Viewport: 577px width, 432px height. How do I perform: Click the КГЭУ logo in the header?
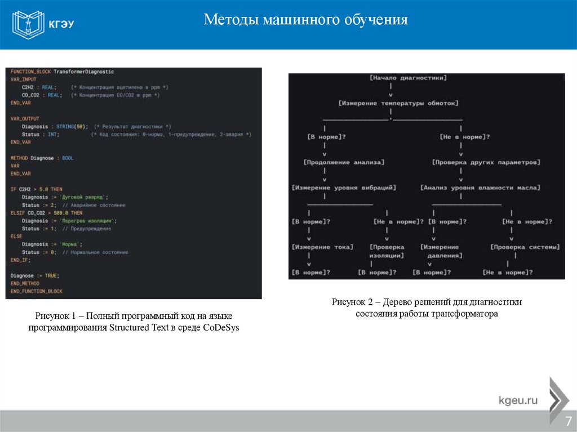[x=44, y=24]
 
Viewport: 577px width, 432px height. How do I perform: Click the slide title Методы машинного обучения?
[x=305, y=20]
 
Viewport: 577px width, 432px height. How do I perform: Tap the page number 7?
[x=568, y=421]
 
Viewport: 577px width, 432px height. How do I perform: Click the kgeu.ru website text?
[x=518, y=401]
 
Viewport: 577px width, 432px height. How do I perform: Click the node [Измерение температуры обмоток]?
[x=399, y=103]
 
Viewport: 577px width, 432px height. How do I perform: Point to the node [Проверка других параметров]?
[x=486, y=162]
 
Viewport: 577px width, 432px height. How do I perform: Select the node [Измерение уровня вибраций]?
[x=344, y=188]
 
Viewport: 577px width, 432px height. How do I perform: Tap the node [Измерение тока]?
[x=322, y=247]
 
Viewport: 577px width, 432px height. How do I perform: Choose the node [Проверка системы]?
[x=525, y=247]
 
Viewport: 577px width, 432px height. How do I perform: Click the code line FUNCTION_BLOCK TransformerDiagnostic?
[x=62, y=72]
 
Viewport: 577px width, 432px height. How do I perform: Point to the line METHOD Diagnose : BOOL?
[x=42, y=158]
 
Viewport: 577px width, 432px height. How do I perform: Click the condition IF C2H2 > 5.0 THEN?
[x=37, y=189]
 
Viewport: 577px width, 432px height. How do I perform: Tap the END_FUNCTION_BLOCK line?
[x=36, y=291]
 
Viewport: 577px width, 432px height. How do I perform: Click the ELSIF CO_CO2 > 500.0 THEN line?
[x=46, y=213]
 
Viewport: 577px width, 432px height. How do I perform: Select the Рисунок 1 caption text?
[x=134, y=323]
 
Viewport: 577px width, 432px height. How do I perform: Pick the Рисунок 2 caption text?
[x=427, y=308]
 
